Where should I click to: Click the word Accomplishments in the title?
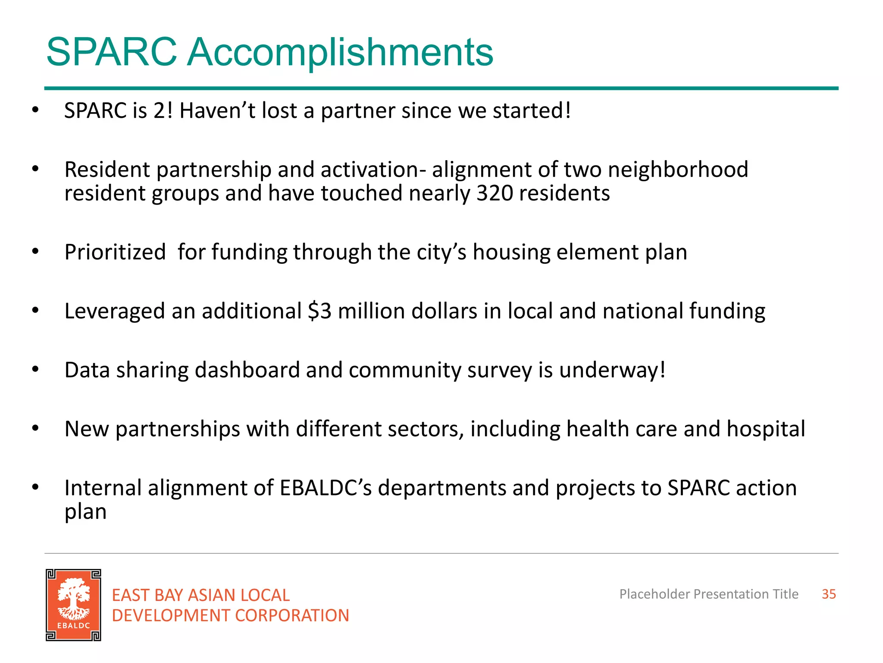[340, 53]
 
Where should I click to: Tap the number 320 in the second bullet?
[495, 193]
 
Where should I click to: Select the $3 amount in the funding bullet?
[319, 311]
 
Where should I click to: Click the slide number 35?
[828, 594]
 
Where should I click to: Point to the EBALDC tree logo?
[74, 605]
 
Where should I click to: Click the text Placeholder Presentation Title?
[708, 594]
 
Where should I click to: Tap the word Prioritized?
[115, 252]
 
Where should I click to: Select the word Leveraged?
[115, 311]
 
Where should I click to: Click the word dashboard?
[247, 370]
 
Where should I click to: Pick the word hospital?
[765, 429]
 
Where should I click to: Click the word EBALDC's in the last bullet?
[326, 488]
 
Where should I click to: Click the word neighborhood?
[678, 169]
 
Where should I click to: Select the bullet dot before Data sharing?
[35, 369]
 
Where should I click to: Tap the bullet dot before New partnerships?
[35, 428]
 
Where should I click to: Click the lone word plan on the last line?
[85, 512]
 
